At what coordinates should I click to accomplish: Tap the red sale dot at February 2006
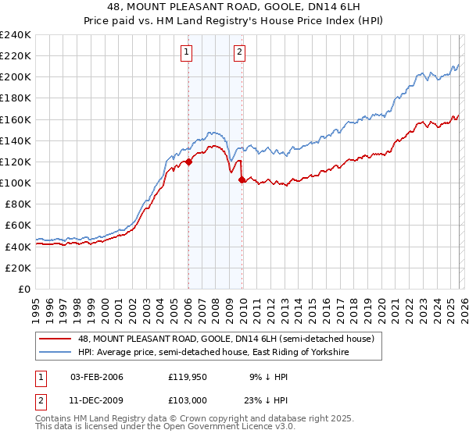[188, 162]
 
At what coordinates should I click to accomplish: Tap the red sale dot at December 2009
[242, 180]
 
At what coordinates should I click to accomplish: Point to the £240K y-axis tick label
[15, 35]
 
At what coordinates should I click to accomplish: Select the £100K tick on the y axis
[15, 183]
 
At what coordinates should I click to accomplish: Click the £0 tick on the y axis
[23, 289]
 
